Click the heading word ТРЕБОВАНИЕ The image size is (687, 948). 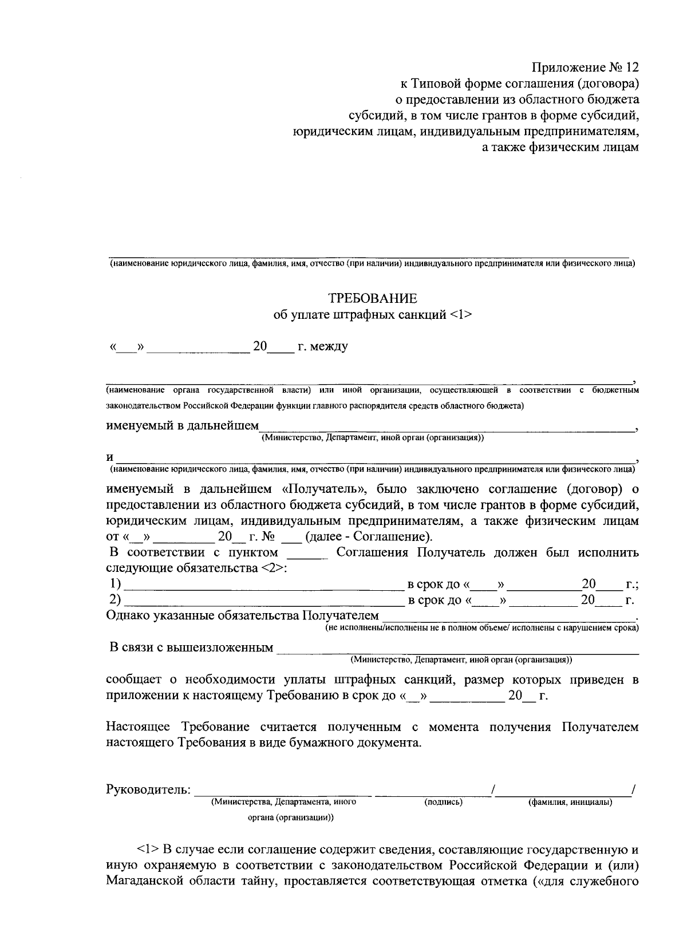pos(372,298)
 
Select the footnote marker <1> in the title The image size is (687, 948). pos(461,315)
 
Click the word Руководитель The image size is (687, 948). pos(148,789)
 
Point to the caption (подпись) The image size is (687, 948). pos(443,802)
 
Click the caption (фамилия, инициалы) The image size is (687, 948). pos(570,802)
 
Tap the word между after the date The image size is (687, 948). pos(327,346)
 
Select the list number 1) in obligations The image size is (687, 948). pos(115,584)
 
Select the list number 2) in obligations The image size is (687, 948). pos(115,599)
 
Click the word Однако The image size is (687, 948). pos(128,615)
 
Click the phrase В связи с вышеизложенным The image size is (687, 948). pos(191,647)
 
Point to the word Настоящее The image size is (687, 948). pos(137,727)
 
